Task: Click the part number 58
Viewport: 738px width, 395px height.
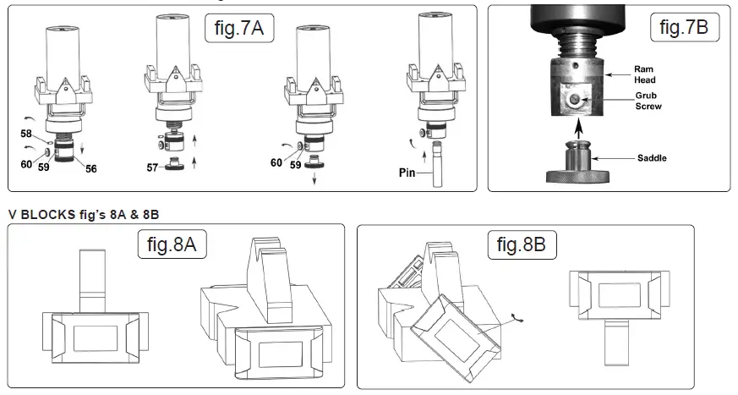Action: coord(25,134)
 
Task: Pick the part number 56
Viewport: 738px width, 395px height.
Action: coord(90,168)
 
